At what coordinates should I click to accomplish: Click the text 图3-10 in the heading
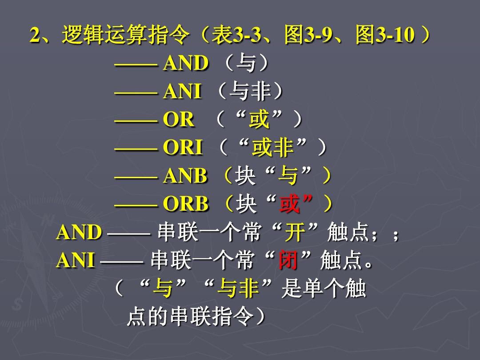(385, 35)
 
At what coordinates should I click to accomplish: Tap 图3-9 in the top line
(308, 35)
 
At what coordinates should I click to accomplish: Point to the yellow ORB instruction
(185, 204)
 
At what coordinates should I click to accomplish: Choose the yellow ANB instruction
(185, 176)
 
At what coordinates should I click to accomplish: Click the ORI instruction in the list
(183, 147)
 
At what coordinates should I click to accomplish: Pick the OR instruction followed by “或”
(179, 119)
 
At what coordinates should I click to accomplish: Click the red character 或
(289, 204)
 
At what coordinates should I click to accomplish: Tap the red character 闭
(288, 260)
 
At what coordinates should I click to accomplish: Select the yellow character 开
(295, 232)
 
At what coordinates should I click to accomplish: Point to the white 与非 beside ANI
(250, 91)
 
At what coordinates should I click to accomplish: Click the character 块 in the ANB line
(245, 176)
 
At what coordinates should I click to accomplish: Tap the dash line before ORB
(136, 204)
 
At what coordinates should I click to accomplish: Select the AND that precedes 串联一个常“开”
(79, 232)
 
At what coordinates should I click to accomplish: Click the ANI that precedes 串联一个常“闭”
(76, 260)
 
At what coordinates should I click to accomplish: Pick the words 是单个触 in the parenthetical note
(324, 288)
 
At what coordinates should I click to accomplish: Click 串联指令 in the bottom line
(212, 316)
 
